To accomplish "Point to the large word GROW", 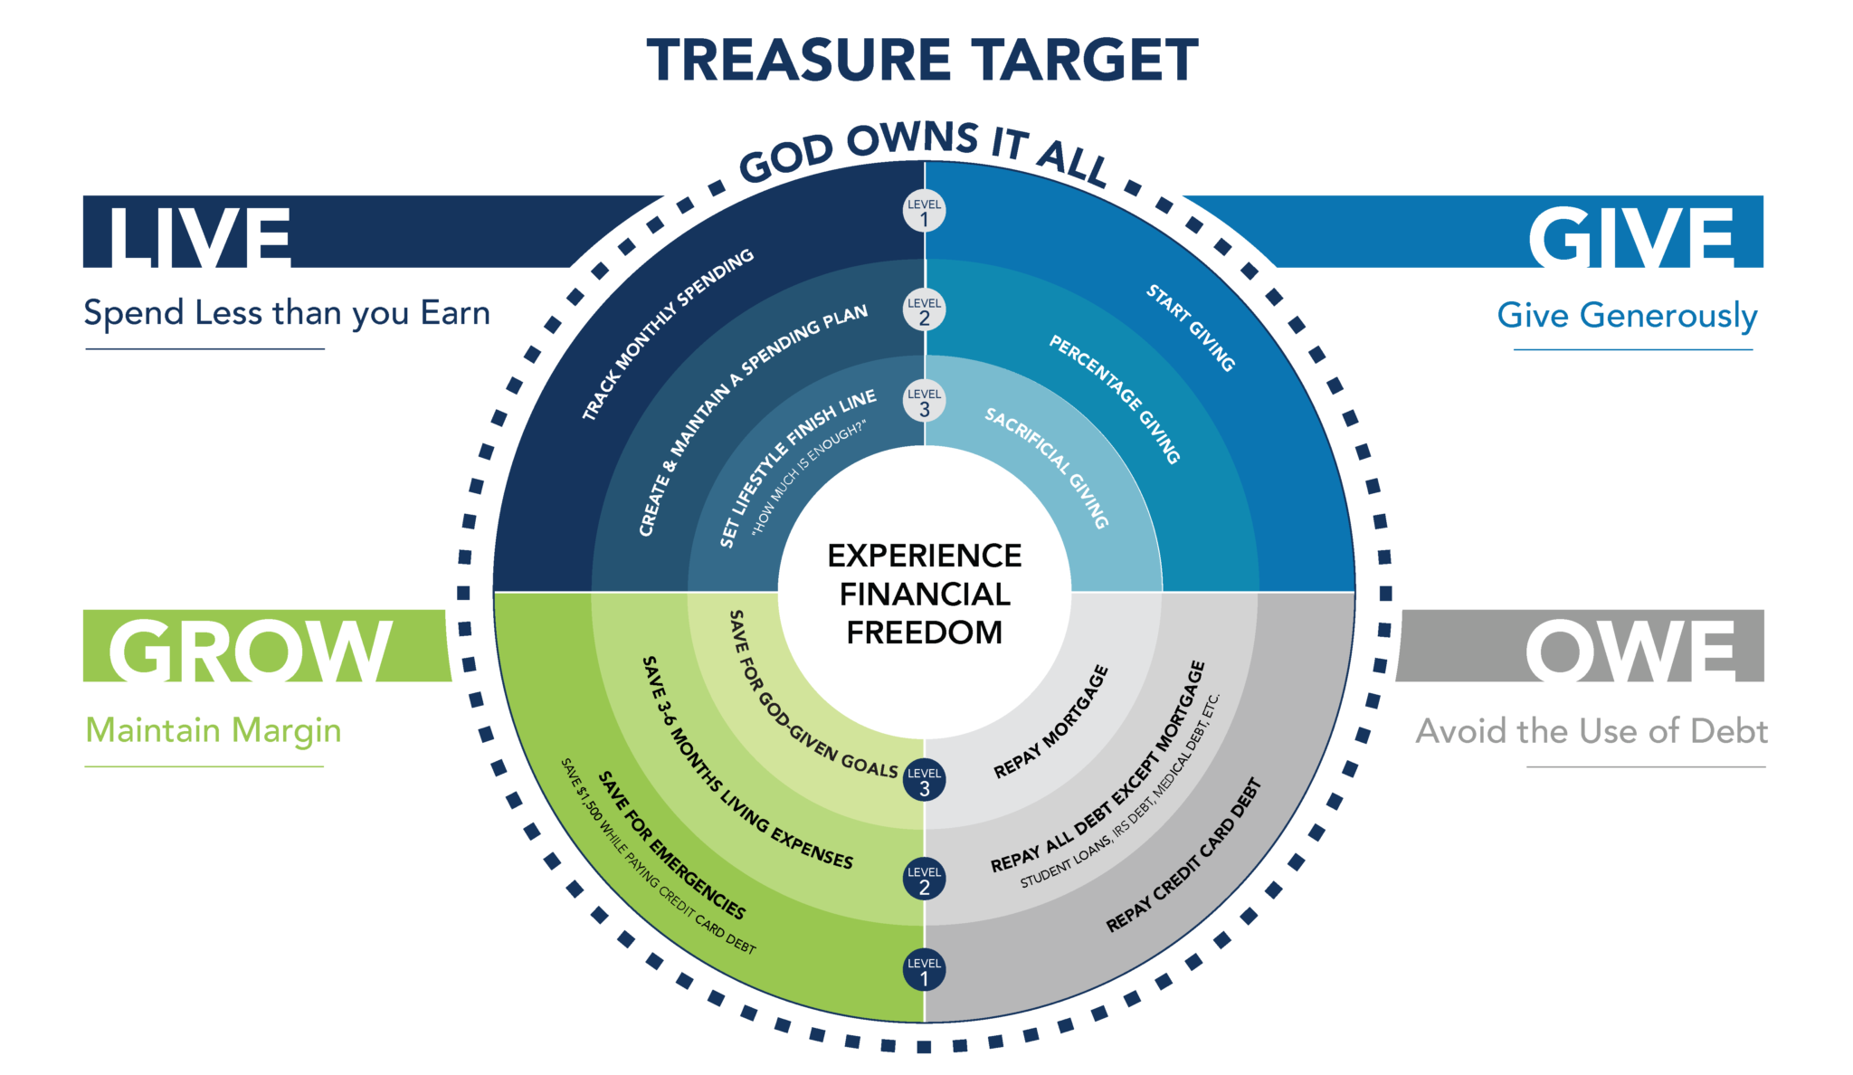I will click(250, 652).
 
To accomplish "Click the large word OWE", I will click(1630, 652).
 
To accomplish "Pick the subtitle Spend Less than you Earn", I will click(287, 314).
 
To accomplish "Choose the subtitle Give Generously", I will click(1627, 316).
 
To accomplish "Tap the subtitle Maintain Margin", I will click(214, 730).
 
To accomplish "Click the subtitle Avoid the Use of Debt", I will click(1592, 731).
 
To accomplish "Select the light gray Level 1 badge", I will click(924, 211).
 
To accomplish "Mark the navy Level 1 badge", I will click(924, 969).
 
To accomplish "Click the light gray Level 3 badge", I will click(924, 401).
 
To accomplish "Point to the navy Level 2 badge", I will click(924, 879).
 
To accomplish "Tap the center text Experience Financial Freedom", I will click(924, 594).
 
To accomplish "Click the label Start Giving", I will click(1191, 328).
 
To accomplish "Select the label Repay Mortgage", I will click(1051, 722).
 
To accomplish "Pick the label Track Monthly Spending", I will click(668, 335).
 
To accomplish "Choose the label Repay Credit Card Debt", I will click(1183, 856).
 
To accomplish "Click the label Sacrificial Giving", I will click(1047, 468).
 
